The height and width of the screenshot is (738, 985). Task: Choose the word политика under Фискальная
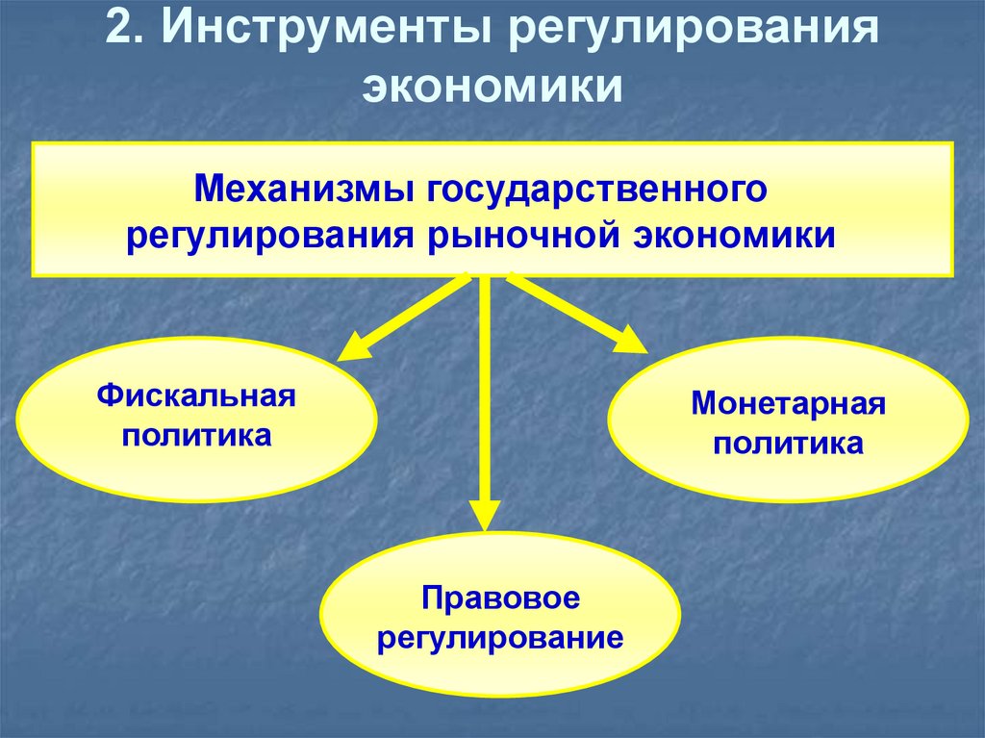pos(196,436)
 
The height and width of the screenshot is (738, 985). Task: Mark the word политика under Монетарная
pos(789,444)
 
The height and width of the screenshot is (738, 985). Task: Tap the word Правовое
pos(499,598)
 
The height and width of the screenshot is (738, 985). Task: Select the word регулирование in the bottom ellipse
pos(499,638)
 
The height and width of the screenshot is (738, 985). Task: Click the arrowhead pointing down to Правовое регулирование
pos(484,515)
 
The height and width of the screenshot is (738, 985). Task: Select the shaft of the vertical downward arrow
pos(484,385)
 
